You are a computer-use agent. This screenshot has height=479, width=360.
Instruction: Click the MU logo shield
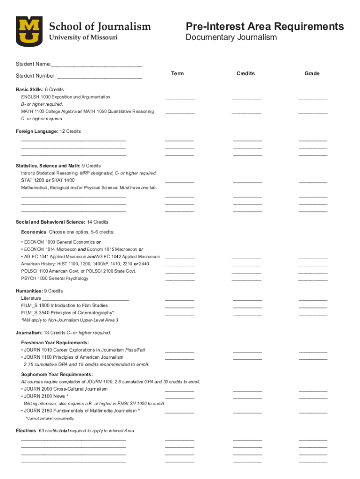[29, 31]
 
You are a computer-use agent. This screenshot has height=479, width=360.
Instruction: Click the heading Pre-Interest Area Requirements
[264, 26]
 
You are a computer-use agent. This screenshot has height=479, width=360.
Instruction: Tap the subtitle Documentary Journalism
[231, 37]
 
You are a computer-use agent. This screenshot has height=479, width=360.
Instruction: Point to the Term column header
[178, 73]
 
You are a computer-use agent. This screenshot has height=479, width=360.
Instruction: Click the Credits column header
[245, 73]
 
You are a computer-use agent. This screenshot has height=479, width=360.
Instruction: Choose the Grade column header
[312, 73]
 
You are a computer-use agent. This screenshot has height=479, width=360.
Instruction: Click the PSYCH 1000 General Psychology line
[54, 278]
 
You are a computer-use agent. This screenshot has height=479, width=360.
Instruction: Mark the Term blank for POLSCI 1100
[180, 272]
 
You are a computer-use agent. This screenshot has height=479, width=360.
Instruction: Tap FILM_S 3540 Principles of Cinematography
[67, 312]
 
